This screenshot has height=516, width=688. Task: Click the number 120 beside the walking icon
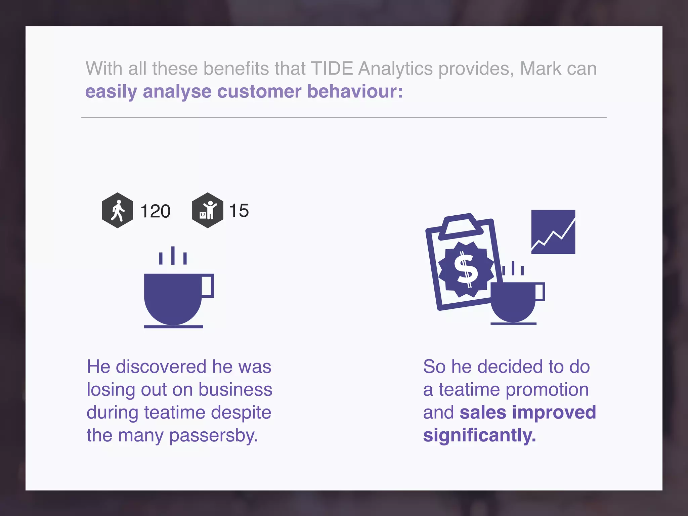click(x=155, y=211)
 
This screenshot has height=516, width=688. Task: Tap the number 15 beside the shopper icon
click(x=239, y=211)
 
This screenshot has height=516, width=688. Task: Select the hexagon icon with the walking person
click(x=117, y=211)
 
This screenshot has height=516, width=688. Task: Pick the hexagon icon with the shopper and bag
click(x=207, y=211)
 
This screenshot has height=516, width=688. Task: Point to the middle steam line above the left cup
click(x=173, y=255)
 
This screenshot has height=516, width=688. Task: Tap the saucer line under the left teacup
click(x=173, y=327)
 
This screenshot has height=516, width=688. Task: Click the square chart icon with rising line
click(x=553, y=232)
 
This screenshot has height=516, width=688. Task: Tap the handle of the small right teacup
click(x=540, y=292)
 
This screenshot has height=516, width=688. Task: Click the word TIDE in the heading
click(x=332, y=69)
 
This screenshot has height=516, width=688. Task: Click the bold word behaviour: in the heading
click(x=355, y=91)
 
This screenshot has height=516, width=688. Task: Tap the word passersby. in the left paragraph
click(x=213, y=436)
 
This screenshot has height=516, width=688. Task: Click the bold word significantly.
click(x=479, y=436)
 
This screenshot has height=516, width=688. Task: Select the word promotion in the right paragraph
click(x=547, y=390)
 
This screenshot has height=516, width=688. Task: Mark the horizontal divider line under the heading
click(x=344, y=118)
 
